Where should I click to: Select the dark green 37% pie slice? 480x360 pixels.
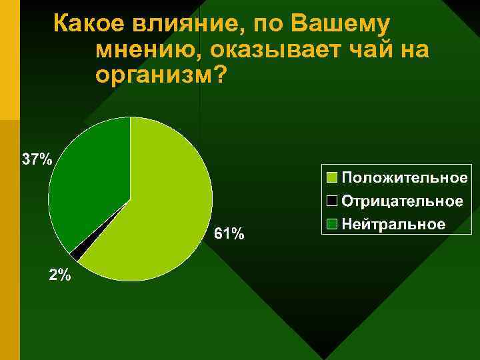tap(87, 180)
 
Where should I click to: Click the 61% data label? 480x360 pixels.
tap(229, 234)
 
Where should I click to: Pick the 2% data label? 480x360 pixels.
tap(59, 275)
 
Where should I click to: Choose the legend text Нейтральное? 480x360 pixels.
tap(393, 223)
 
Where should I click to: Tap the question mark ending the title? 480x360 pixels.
tap(217, 75)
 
